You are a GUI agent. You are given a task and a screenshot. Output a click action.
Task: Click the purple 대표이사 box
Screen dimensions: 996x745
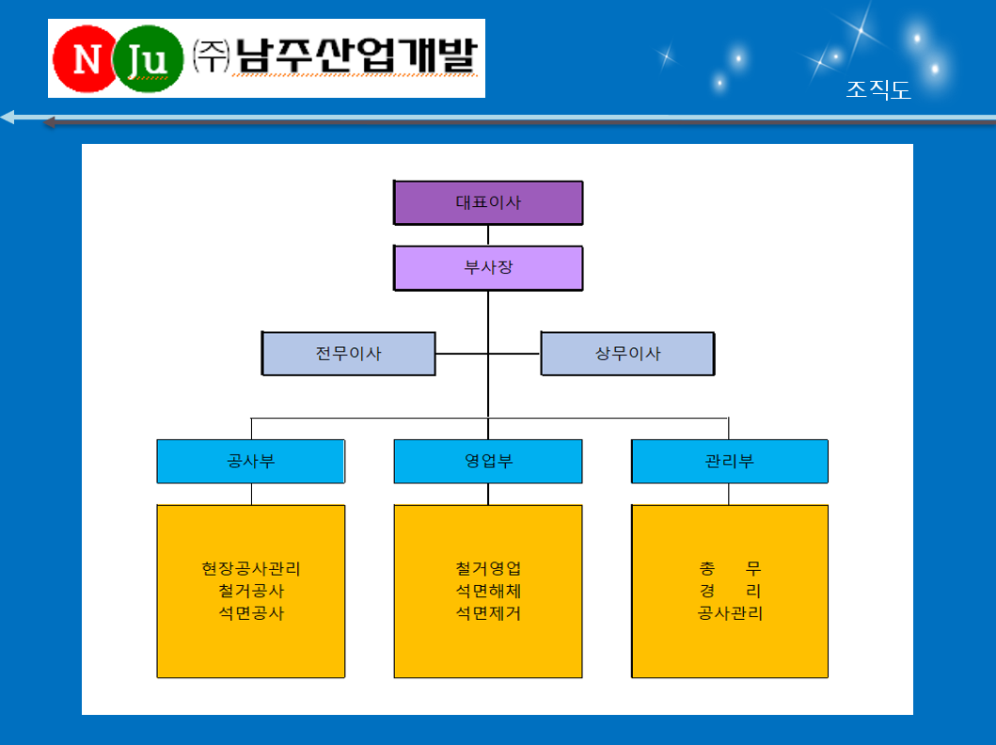[x=488, y=202]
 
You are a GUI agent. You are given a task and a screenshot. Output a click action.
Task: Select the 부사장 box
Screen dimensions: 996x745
[x=488, y=267]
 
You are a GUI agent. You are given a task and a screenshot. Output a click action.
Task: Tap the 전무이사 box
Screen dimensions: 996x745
[x=349, y=353]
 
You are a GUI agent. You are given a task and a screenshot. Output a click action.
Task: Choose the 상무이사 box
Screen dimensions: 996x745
[x=627, y=353]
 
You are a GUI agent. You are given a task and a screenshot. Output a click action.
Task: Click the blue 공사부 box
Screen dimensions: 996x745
[x=251, y=461]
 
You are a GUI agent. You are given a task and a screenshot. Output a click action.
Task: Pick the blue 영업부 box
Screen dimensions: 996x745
[x=488, y=461]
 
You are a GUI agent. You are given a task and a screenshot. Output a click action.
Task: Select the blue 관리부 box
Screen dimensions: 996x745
[x=729, y=461]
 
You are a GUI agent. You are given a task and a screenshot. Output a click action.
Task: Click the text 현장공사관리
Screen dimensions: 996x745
[x=251, y=568]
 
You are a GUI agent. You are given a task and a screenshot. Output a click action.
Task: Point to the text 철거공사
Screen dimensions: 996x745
[x=251, y=591]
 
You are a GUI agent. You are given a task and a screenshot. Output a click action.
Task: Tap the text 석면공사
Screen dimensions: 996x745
[x=251, y=613]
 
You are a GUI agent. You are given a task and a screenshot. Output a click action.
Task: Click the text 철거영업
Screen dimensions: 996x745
[x=488, y=568]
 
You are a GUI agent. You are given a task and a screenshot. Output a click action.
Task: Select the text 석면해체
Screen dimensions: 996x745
[x=488, y=591]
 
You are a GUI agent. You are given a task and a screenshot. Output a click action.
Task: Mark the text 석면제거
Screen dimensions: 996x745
[x=488, y=613]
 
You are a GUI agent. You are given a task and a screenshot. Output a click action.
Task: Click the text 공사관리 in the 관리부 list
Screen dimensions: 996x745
[x=730, y=613]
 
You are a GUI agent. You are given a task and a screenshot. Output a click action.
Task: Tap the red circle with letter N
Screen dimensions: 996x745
[x=86, y=59]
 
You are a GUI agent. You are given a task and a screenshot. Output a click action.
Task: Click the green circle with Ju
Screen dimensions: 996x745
[x=148, y=59]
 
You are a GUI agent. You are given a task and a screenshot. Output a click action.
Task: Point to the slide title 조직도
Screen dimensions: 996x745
[x=878, y=89]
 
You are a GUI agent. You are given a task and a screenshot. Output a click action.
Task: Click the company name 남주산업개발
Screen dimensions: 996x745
[x=356, y=55]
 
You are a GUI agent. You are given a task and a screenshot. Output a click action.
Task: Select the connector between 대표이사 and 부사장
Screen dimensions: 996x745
[x=488, y=235]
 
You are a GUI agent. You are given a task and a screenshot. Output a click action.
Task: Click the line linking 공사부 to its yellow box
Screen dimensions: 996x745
[x=251, y=494]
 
